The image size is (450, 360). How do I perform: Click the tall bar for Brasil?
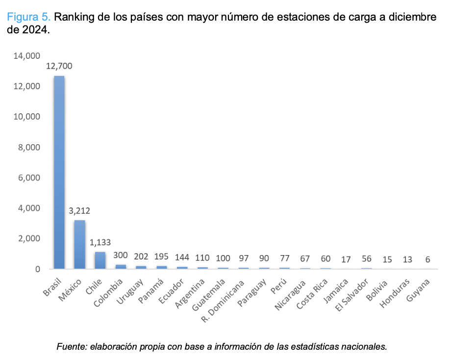59,172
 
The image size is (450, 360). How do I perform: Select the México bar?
79,244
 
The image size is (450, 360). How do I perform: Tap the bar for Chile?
100,260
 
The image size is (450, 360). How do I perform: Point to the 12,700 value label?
59,66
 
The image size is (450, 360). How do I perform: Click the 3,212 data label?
79,211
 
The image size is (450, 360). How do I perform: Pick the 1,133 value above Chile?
100,242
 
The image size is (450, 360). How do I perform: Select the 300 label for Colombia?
121,256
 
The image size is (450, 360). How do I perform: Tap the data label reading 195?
161,257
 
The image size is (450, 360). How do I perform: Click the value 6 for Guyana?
428,259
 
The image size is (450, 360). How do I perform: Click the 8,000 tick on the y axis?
29,147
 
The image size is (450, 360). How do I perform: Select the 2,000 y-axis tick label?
29,238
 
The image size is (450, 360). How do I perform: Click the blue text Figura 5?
28,17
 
